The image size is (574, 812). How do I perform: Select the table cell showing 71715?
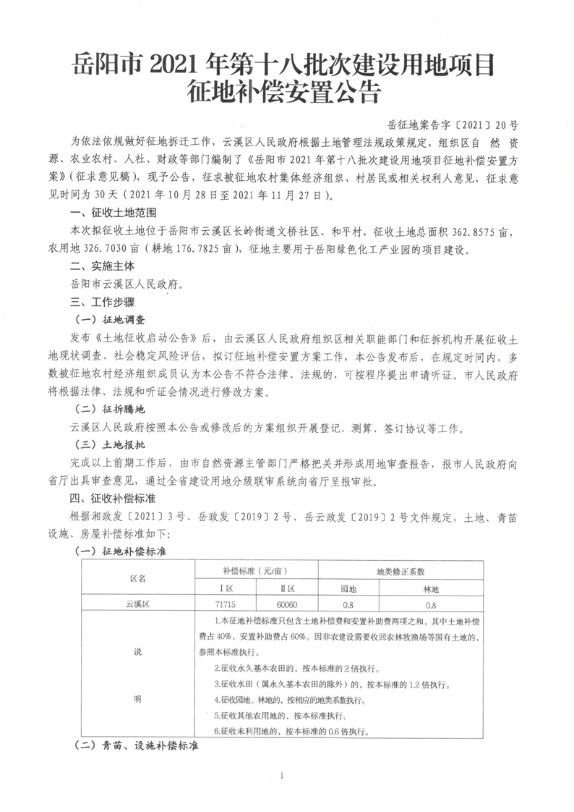[x=226, y=604]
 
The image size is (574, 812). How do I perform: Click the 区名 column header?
[x=137, y=579]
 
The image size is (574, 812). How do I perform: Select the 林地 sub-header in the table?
[x=431, y=588]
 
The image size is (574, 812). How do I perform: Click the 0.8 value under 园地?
[x=348, y=604]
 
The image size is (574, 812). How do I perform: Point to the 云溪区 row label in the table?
[x=137, y=604]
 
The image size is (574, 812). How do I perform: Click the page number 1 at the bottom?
[x=286, y=776]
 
